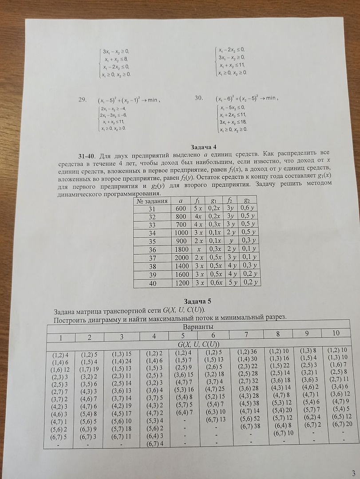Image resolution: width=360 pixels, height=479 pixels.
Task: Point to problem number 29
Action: tap(82, 100)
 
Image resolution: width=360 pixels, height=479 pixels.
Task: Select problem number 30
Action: tap(199, 98)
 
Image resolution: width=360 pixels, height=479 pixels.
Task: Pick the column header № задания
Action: tap(151, 201)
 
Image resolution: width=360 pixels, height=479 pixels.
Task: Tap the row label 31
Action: tap(152, 209)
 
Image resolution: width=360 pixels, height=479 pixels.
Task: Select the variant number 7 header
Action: tap(246, 334)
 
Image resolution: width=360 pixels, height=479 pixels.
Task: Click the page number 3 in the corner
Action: tap(353, 473)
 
